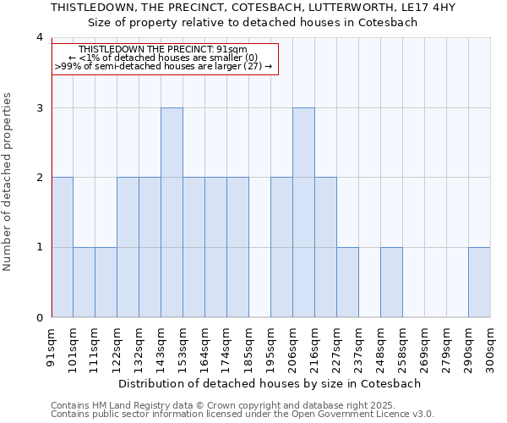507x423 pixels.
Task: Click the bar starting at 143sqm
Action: click(172, 212)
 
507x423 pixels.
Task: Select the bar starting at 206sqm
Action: click(303, 212)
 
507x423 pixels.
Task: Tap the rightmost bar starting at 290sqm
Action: click(479, 282)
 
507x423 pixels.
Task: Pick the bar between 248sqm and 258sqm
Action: click(391, 282)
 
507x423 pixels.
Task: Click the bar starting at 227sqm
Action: click(347, 282)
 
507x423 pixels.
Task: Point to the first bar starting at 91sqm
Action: click(62, 247)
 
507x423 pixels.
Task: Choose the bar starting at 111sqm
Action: click(106, 282)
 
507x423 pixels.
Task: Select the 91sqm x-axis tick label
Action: click(52, 347)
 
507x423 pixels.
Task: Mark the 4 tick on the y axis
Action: click(40, 37)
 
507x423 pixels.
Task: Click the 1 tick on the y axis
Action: click(40, 247)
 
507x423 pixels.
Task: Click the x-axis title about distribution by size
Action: click(270, 383)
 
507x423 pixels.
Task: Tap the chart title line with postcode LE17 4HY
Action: click(253, 7)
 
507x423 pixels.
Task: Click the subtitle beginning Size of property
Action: click(253, 22)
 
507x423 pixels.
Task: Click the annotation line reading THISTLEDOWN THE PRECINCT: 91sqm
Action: click(163, 50)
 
